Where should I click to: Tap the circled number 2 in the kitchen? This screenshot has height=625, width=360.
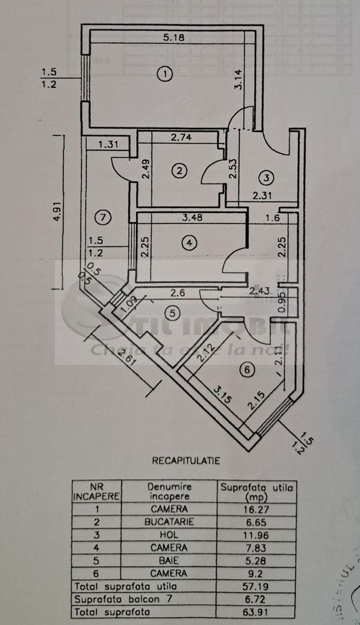click(x=180, y=170)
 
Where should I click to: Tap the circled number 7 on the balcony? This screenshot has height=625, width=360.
click(x=102, y=218)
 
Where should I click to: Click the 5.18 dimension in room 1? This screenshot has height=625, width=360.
click(x=170, y=38)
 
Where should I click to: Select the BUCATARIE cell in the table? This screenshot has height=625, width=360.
click(x=170, y=521)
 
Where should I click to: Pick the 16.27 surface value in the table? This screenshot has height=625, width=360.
click(x=256, y=509)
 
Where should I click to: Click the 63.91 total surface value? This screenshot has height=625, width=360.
click(x=256, y=611)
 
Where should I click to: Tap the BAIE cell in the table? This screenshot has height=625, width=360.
click(x=170, y=560)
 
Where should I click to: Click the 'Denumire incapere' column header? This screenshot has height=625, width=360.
click(x=170, y=491)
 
